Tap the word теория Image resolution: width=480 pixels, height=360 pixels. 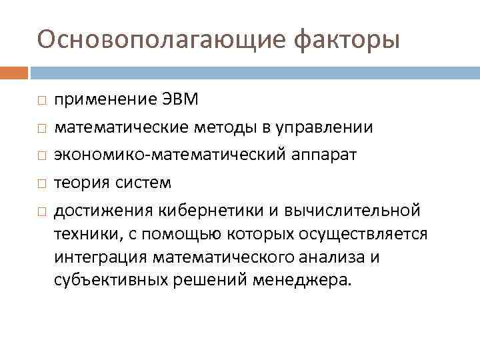click(x=83, y=183)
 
